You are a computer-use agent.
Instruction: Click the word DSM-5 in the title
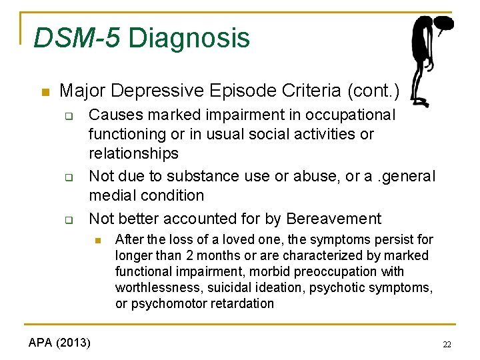[x=77, y=38]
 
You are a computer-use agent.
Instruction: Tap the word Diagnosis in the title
[x=189, y=39]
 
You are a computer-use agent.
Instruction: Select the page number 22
[x=447, y=344]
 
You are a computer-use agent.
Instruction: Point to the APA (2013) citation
[x=60, y=343]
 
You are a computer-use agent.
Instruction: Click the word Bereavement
[x=333, y=219]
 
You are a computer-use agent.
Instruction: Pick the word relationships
[x=133, y=153]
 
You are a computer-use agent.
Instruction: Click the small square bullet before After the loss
[x=97, y=240]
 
